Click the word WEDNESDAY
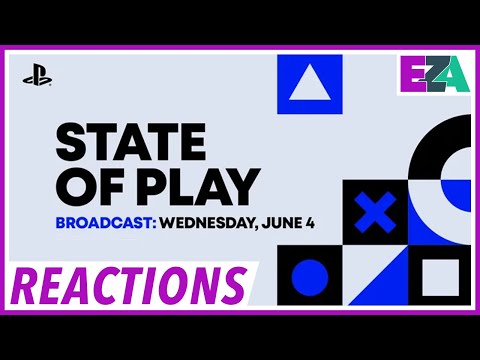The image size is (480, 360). (213, 221)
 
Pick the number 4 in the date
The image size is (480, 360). (311, 221)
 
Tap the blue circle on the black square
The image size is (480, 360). (309, 277)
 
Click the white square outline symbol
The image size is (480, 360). (439, 276)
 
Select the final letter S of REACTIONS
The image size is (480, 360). (231, 286)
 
